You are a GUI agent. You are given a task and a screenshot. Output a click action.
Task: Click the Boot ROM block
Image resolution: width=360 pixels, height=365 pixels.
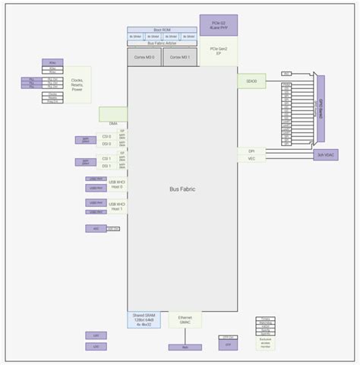coord(161,30)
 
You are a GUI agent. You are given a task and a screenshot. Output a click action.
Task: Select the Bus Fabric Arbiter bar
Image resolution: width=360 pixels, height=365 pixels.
coord(161,43)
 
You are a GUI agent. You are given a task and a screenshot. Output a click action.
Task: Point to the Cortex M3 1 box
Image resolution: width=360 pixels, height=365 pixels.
coord(180,57)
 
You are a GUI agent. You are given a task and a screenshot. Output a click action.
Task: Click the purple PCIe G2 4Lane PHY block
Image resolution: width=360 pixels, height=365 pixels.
coord(219,24)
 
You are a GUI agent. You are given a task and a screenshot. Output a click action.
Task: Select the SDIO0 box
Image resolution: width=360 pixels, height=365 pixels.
coord(251,80)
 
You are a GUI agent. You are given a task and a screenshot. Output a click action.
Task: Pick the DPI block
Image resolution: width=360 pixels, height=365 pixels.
coord(251,151)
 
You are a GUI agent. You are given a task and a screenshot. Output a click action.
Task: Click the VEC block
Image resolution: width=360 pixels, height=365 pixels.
coord(251,159)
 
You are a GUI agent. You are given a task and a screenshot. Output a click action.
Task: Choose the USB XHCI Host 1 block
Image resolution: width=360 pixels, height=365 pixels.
coord(115,205)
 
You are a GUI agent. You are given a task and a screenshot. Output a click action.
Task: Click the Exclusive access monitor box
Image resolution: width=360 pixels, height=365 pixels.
coord(265,341)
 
